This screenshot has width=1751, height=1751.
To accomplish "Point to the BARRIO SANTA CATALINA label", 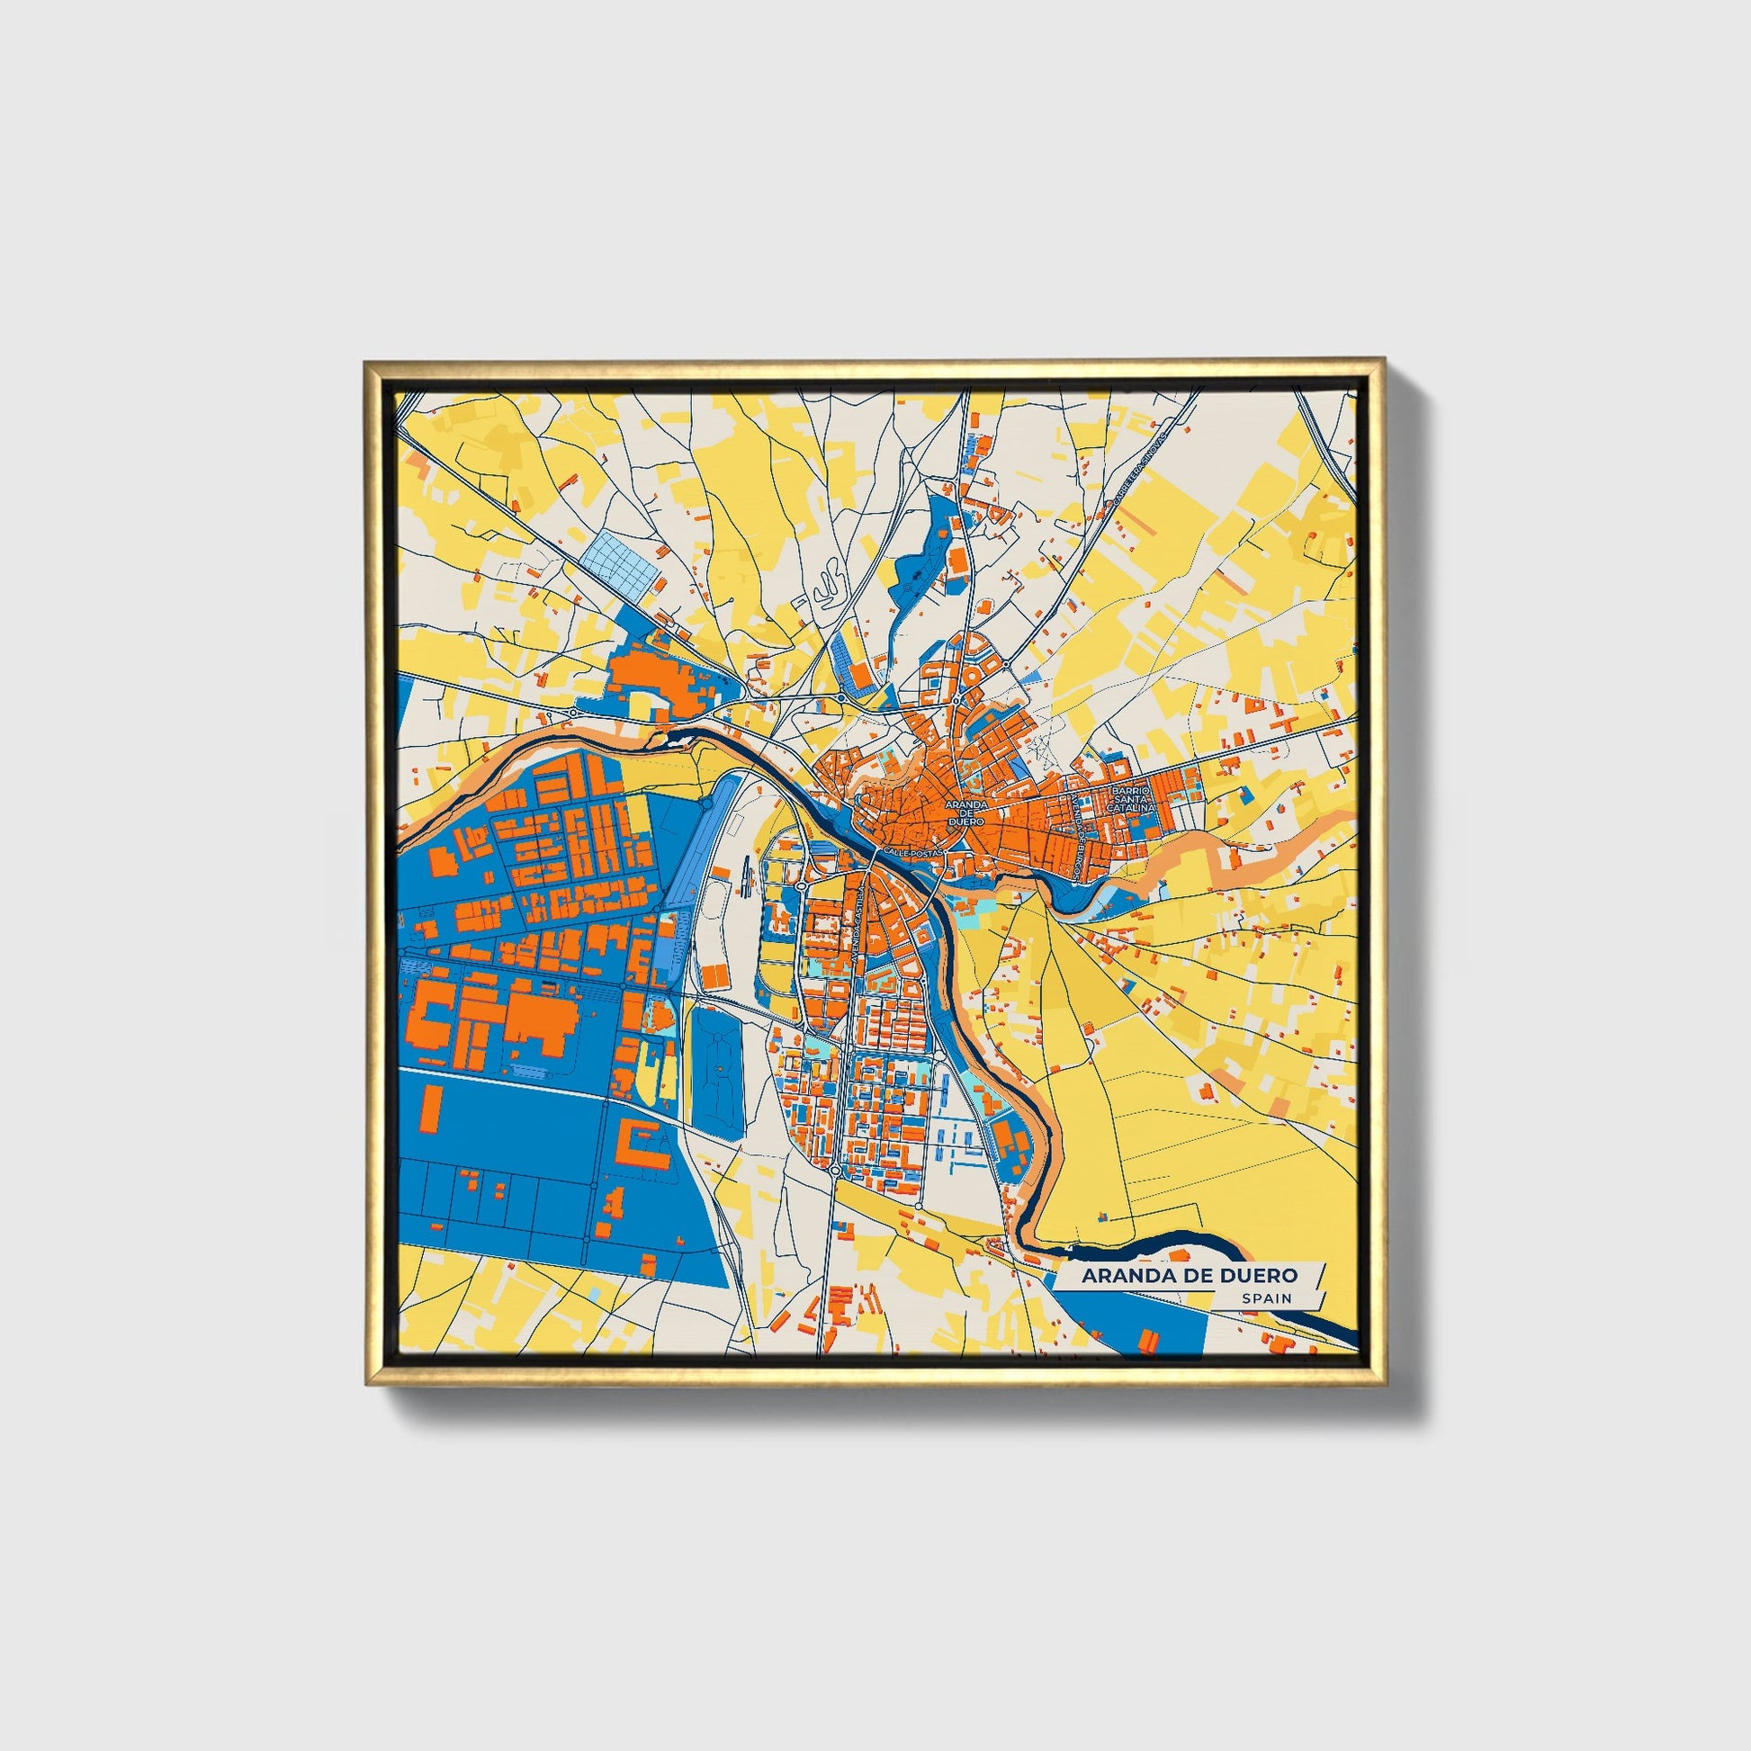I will [x=1132, y=797].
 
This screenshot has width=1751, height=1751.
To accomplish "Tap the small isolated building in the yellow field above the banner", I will [x=1102, y=1214].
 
